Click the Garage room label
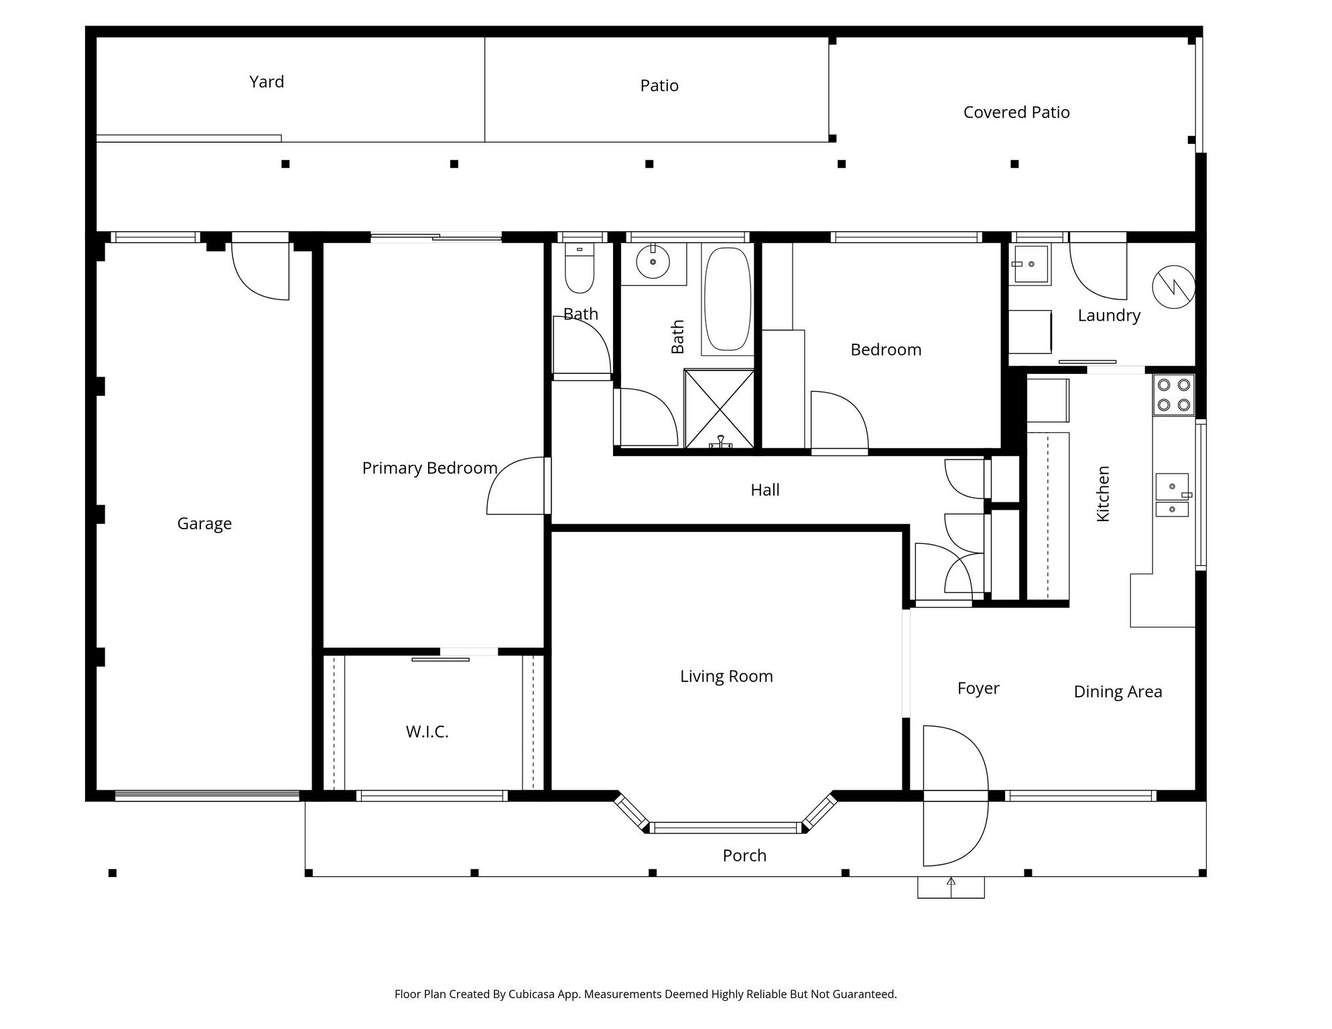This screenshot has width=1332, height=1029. point(204,524)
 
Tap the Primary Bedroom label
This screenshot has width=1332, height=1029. point(429,468)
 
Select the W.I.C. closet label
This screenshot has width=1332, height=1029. point(427,732)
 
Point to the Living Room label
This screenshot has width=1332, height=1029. point(726,677)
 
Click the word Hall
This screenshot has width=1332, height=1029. point(765,490)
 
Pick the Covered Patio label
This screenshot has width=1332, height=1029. point(1016,113)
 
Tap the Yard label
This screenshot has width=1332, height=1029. point(267,82)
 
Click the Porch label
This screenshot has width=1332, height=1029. point(744,855)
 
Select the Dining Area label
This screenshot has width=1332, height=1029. point(1118,692)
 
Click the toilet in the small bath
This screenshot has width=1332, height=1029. point(580,269)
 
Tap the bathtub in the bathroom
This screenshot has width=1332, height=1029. point(728,299)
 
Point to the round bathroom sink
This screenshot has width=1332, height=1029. point(653,262)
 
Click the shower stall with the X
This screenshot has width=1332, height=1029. point(719,408)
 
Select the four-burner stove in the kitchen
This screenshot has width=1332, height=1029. point(1174,395)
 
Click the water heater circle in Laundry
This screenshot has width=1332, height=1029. point(1174,287)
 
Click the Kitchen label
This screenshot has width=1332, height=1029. point(1103,494)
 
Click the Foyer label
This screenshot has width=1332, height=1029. point(978,689)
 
